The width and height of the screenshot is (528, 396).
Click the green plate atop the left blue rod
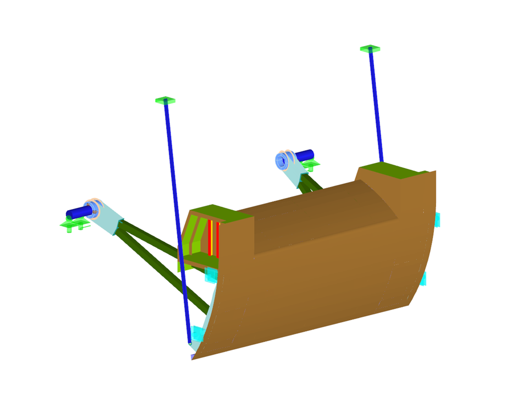click(x=165, y=100)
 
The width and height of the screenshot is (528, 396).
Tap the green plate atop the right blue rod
click(x=370, y=48)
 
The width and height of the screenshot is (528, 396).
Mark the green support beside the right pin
click(x=311, y=164)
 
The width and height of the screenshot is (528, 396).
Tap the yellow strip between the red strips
click(x=213, y=238)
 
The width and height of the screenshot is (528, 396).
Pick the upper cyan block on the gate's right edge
click(x=437, y=219)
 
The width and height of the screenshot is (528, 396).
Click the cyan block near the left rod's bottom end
click(x=197, y=333)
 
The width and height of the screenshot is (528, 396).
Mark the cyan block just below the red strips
click(x=211, y=274)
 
